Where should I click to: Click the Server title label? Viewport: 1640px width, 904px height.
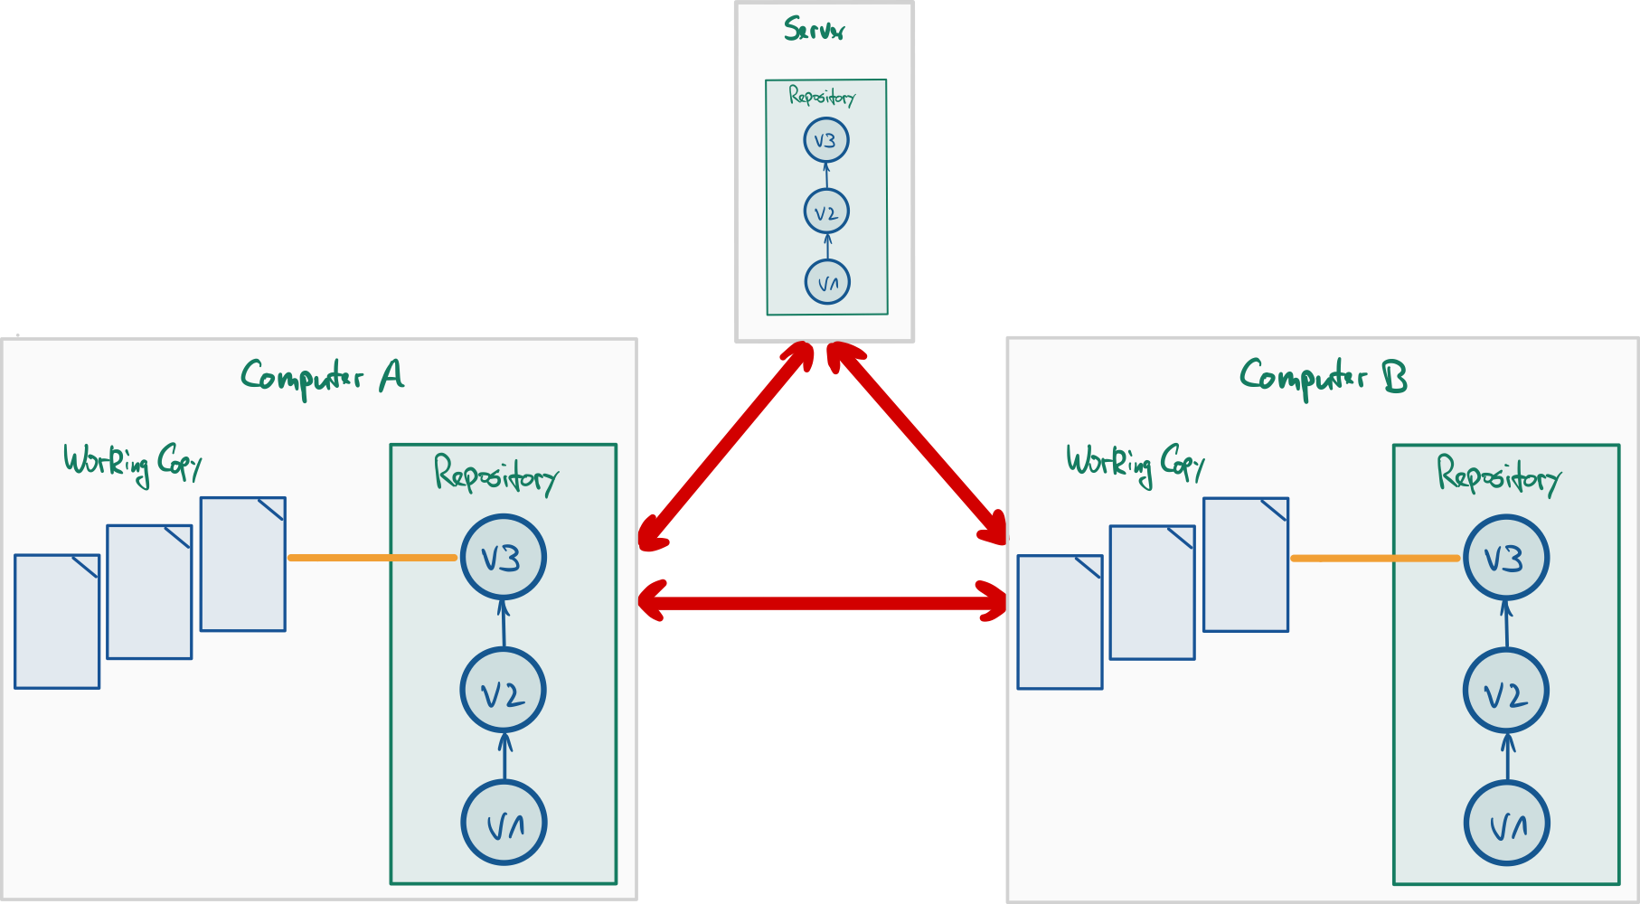click(x=814, y=29)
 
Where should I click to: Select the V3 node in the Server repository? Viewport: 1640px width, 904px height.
click(x=825, y=141)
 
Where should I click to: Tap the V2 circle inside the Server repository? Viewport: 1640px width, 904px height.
click(x=825, y=212)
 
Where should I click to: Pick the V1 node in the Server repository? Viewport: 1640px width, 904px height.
click(x=827, y=282)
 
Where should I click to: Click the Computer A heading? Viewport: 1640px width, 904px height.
click(x=322, y=376)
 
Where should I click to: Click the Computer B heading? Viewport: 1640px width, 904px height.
click(x=1323, y=376)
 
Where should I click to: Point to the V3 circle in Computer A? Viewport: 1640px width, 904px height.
click(x=503, y=558)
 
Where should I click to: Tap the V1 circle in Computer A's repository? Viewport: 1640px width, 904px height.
click(x=504, y=824)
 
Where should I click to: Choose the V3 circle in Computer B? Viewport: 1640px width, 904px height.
click(x=1506, y=558)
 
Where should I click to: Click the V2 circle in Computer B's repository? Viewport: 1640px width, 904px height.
click(x=1506, y=692)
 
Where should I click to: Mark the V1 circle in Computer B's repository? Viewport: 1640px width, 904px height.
click(x=1507, y=824)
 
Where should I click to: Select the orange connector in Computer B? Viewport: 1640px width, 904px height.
click(x=1375, y=559)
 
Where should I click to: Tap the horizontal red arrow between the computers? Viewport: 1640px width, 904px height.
click(x=823, y=602)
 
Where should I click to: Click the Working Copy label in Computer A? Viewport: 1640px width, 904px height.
click(x=132, y=463)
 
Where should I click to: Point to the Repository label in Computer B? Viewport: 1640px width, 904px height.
click(x=1498, y=475)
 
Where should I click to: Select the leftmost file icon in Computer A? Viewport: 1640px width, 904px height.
click(x=57, y=622)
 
